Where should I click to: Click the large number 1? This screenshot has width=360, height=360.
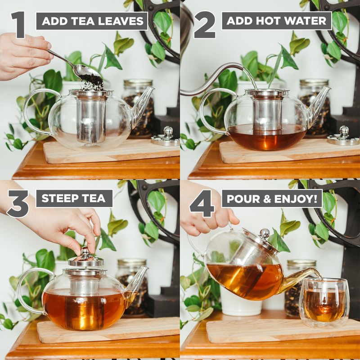click(18, 25)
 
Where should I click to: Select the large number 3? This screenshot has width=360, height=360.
click(18, 204)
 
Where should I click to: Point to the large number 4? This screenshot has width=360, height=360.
click(202, 204)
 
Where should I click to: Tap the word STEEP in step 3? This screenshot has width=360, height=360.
click(58, 198)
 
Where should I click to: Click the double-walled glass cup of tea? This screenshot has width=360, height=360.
click(324, 301)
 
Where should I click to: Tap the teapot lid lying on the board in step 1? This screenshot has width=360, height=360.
click(166, 137)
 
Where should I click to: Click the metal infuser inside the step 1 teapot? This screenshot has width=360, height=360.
click(90, 117)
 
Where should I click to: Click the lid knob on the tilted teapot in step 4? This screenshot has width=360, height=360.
click(265, 234)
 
